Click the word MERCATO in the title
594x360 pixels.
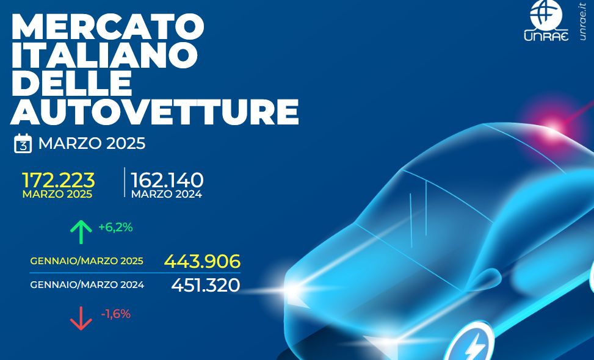point(108,27)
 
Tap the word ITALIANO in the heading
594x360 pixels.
point(104,56)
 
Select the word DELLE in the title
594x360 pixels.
point(72,84)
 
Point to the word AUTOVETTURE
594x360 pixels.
point(154,112)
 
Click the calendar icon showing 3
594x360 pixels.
point(23,143)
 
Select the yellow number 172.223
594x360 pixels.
point(59,180)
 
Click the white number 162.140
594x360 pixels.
point(167,180)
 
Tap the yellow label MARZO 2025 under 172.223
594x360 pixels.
point(57,194)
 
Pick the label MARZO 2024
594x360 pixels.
point(167,194)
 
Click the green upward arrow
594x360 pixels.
point(81,232)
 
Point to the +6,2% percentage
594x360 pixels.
point(115,228)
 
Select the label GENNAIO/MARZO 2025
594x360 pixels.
point(87,261)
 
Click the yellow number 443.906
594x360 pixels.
point(202,261)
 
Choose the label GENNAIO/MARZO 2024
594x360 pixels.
point(87,285)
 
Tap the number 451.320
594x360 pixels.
point(206,285)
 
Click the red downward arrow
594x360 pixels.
point(81,319)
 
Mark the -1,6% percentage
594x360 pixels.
point(115,314)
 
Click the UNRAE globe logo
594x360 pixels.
point(546,21)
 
